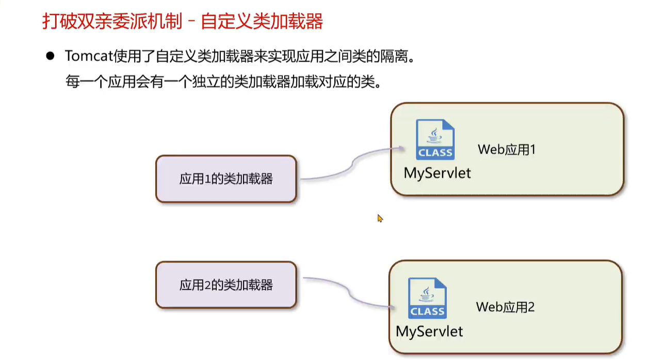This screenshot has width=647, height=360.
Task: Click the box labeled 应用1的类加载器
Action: coord(226,179)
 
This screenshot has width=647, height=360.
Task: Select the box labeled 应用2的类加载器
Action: coord(226,285)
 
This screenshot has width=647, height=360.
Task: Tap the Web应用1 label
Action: coord(507,150)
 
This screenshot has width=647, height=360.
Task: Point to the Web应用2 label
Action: coord(505,307)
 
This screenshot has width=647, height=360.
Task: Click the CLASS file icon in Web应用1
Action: coord(435,139)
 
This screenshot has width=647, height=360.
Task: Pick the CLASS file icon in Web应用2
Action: coord(427,298)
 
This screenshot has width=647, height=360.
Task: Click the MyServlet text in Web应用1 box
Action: coord(437,173)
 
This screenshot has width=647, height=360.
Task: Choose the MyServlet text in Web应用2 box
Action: coord(429,331)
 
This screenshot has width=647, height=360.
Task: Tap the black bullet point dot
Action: coord(50,56)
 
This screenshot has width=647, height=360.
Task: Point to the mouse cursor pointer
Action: coord(380,218)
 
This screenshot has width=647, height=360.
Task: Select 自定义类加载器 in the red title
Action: coord(262,22)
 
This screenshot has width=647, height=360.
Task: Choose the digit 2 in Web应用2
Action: coord(531,307)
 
